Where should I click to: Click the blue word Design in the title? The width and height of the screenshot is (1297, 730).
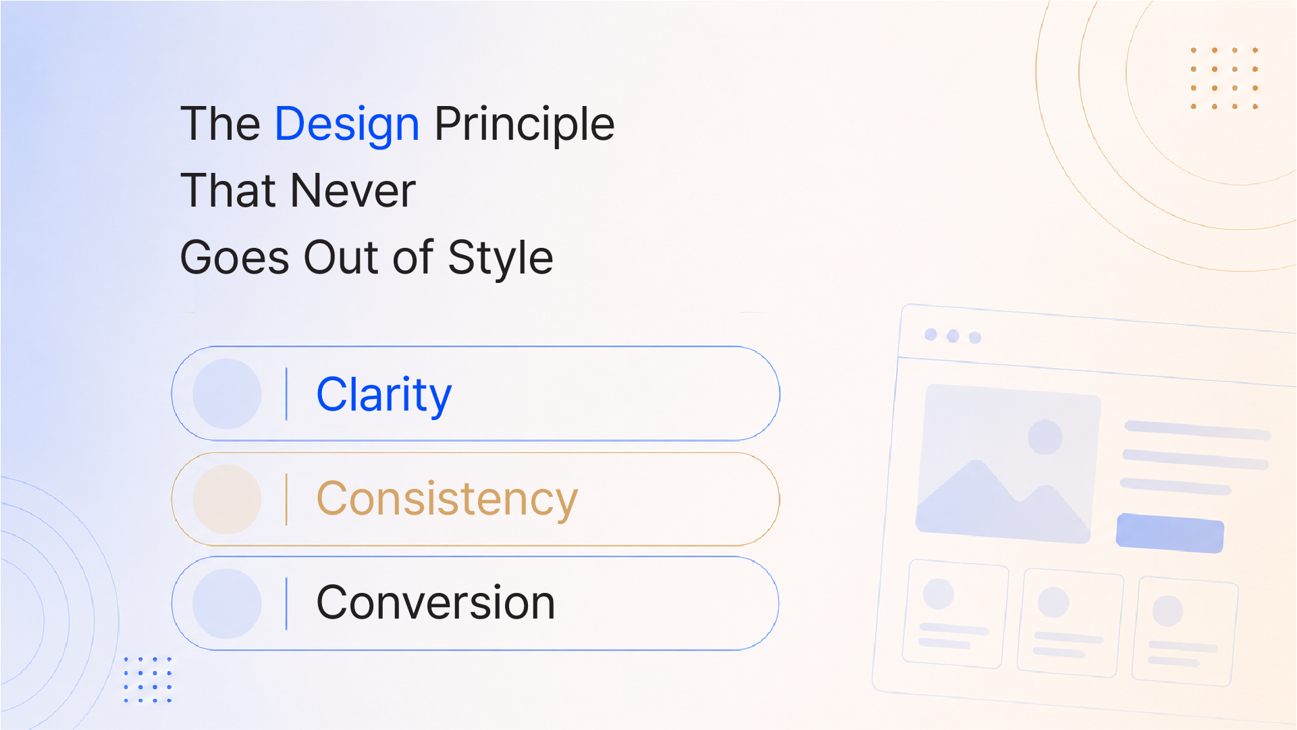click(x=347, y=126)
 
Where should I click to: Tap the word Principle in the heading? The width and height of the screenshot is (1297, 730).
click(x=525, y=126)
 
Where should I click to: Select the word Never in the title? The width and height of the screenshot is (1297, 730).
click(x=353, y=190)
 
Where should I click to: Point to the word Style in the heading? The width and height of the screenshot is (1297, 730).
click(x=500, y=259)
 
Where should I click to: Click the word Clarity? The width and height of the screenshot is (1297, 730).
click(x=384, y=395)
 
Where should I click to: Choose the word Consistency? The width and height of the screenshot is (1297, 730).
click(x=447, y=500)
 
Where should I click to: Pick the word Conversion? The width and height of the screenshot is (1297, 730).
click(x=435, y=602)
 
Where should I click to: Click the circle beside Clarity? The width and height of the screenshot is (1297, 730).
click(x=227, y=394)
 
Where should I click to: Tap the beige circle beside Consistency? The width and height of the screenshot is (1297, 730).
click(x=227, y=499)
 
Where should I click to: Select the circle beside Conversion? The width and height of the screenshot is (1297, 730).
click(x=227, y=604)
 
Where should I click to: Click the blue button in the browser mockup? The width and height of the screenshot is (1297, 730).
click(x=1170, y=533)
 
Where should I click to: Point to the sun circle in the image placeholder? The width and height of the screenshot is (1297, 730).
click(x=1045, y=437)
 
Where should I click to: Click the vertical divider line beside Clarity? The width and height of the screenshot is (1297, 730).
click(x=286, y=394)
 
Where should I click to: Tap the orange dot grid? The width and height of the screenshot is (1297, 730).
click(x=1224, y=78)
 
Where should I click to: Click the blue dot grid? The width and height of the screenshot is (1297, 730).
click(x=148, y=679)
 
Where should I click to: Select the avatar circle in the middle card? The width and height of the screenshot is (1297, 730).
click(x=1053, y=602)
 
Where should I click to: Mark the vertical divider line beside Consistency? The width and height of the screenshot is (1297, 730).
click(x=286, y=499)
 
